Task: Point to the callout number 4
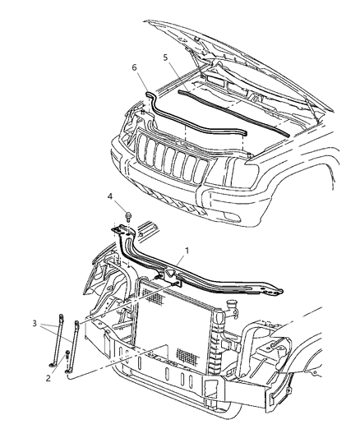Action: tap(108, 219)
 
